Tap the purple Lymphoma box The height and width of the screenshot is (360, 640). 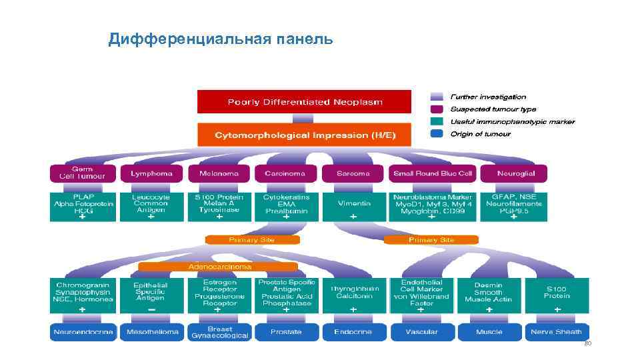click(151, 173)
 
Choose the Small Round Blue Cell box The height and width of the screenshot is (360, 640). click(432, 173)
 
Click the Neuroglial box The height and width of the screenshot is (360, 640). click(515, 173)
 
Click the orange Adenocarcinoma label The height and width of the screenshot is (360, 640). click(219, 267)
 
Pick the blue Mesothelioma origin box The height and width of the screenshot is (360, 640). click(151, 332)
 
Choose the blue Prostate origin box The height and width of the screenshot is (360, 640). click(286, 332)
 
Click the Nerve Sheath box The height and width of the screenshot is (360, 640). click(556, 332)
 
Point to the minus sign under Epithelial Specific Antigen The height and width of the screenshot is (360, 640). click(151, 310)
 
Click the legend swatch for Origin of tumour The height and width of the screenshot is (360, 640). click(437, 134)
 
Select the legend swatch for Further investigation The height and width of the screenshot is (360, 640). click(437, 97)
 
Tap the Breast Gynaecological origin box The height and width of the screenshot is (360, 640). click(219, 332)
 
